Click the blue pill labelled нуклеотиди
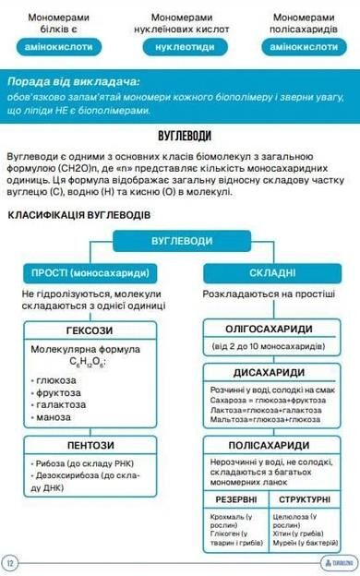[179, 45]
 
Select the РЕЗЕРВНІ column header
[236, 498]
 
